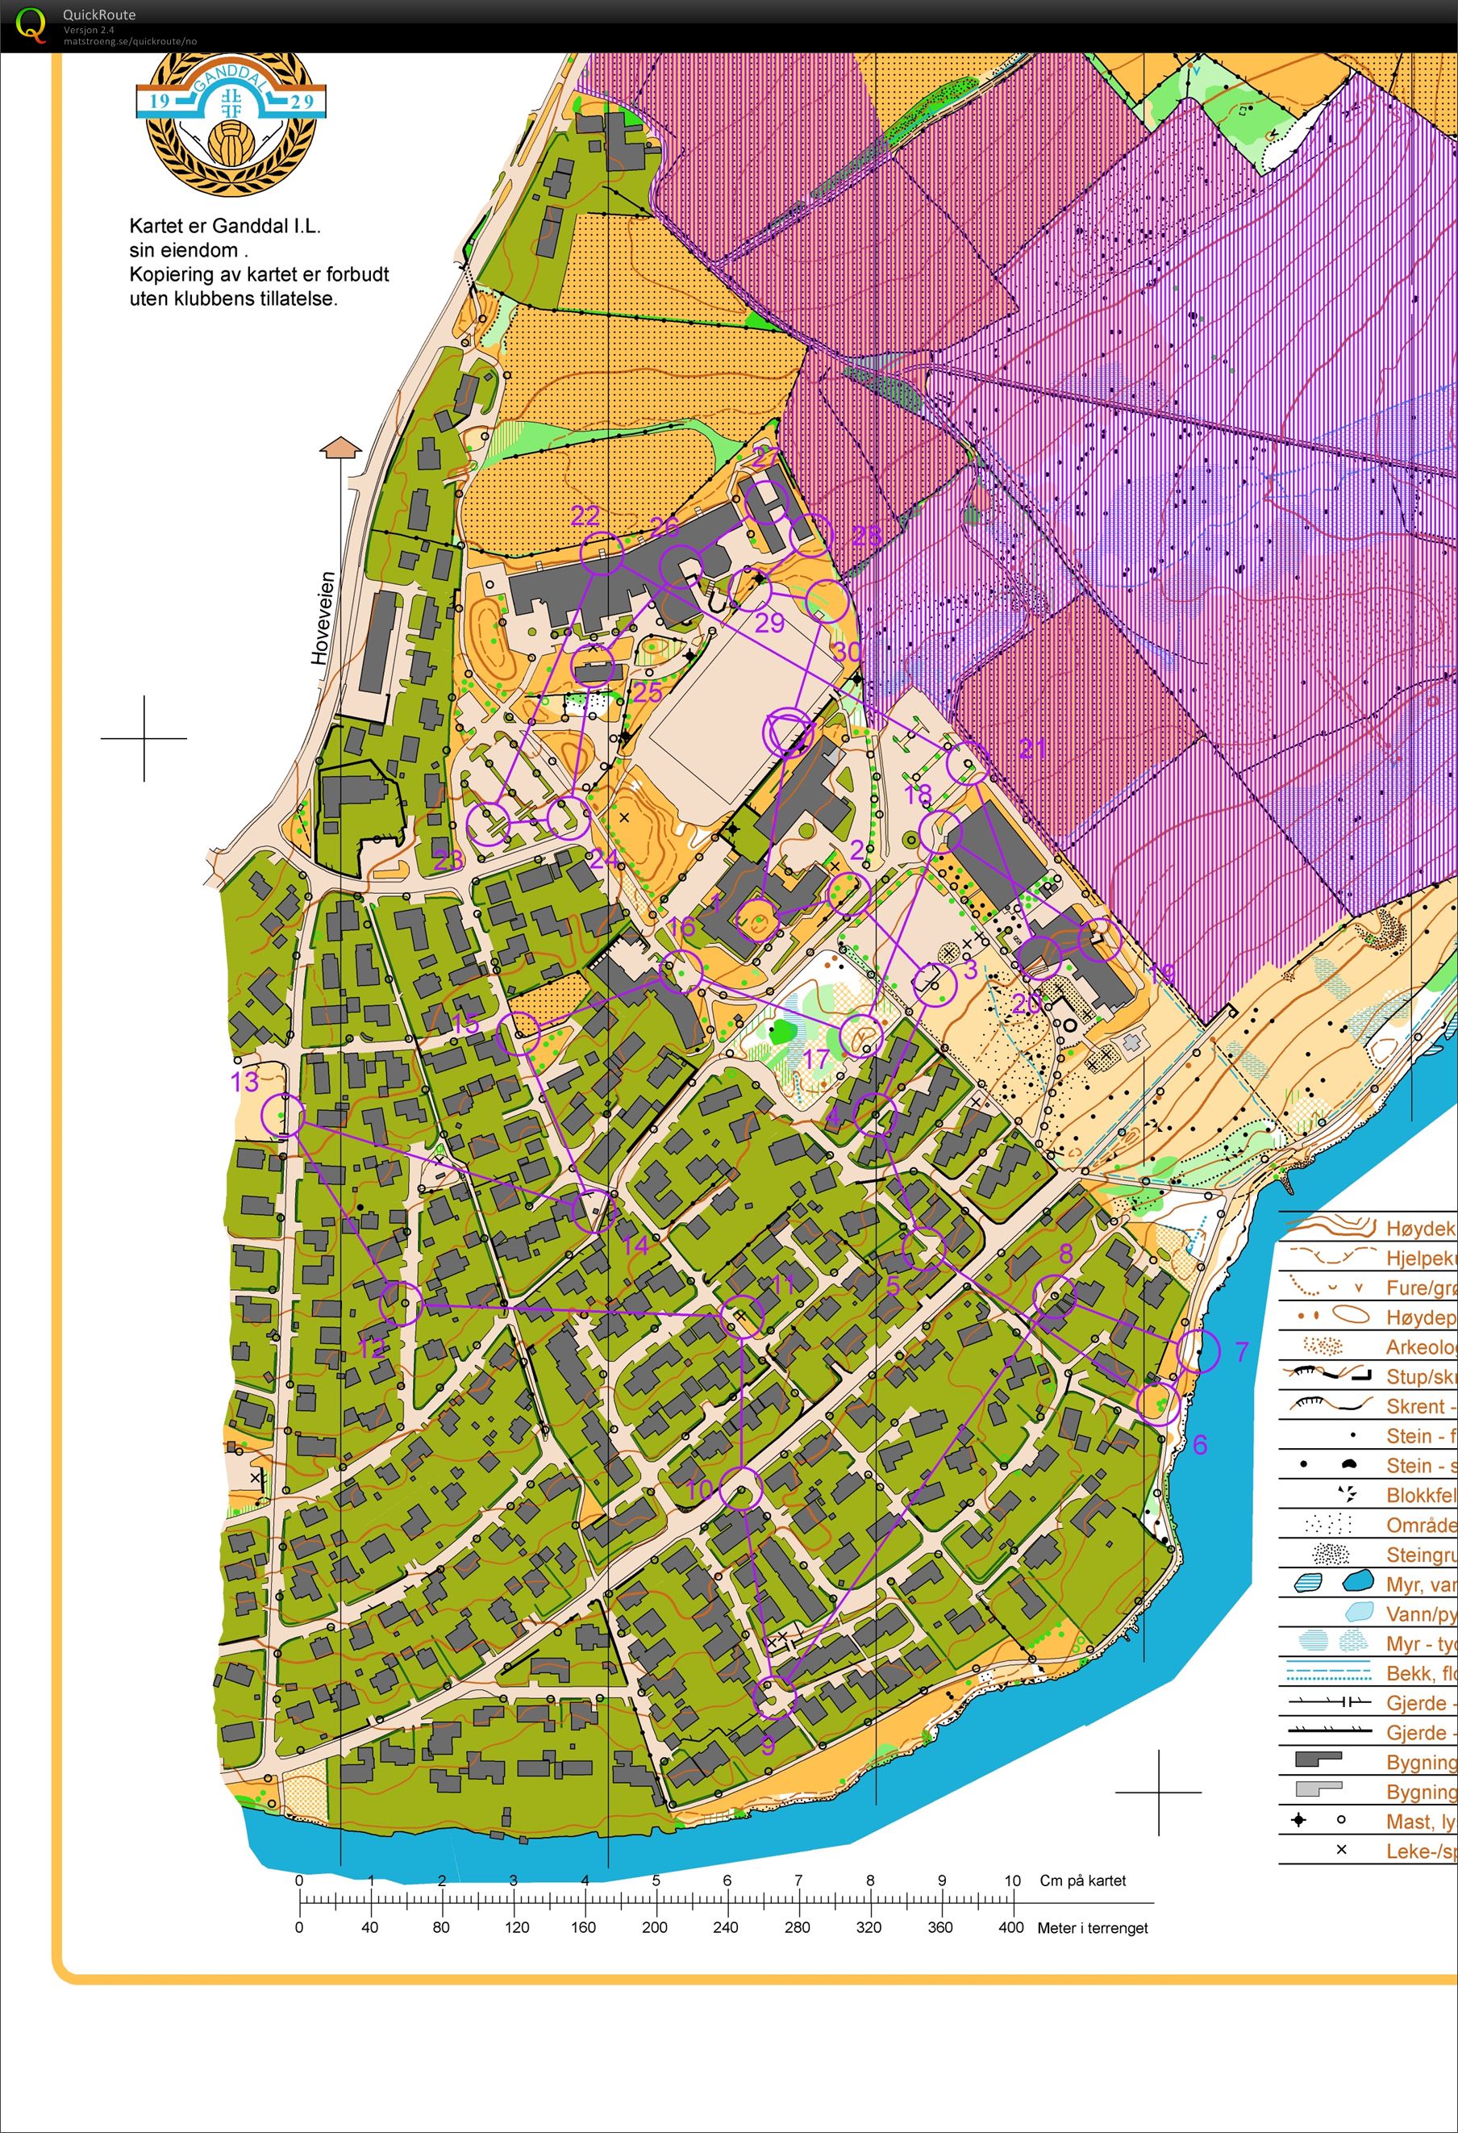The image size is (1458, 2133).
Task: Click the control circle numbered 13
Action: click(282, 1115)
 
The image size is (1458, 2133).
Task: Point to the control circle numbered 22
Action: click(602, 553)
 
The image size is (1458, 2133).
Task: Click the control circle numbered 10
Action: click(740, 1488)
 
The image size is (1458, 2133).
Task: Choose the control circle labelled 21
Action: click(968, 764)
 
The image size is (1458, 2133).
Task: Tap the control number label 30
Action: click(848, 652)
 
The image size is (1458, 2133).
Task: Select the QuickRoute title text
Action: click(99, 15)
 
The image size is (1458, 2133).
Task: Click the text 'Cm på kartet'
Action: click(1083, 1880)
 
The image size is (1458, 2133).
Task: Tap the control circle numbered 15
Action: click(519, 1033)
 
